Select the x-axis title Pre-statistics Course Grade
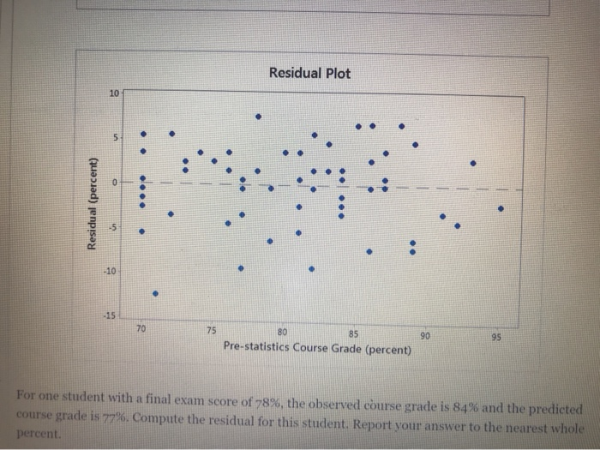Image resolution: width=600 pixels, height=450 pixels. [x=316, y=350]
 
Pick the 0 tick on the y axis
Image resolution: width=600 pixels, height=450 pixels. [x=116, y=181]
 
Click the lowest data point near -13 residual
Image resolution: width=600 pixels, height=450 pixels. [x=155, y=293]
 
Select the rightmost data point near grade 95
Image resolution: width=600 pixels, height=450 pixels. [x=501, y=207]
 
